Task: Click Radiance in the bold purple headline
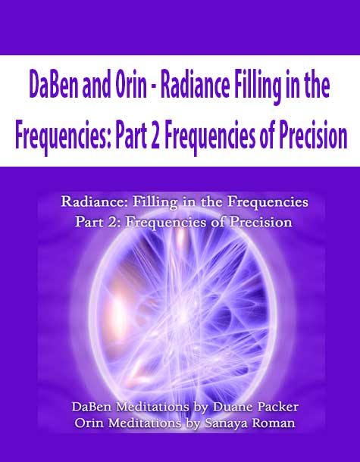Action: tap(196, 87)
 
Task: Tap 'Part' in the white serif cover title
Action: tap(88, 222)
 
